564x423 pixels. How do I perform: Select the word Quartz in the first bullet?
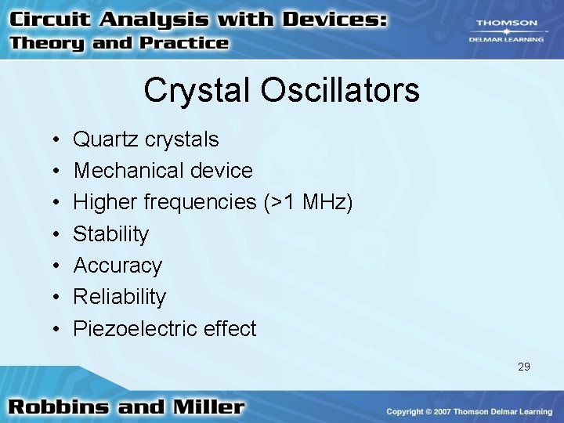pyautogui.click(x=105, y=140)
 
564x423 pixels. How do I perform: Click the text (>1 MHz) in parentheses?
pyautogui.click(x=305, y=203)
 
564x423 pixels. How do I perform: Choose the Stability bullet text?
pyautogui.click(x=110, y=234)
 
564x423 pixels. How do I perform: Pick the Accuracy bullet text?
pyautogui.click(x=117, y=266)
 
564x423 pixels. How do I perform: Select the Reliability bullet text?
pyautogui.click(x=120, y=297)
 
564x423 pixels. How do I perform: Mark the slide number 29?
pyautogui.click(x=523, y=366)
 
